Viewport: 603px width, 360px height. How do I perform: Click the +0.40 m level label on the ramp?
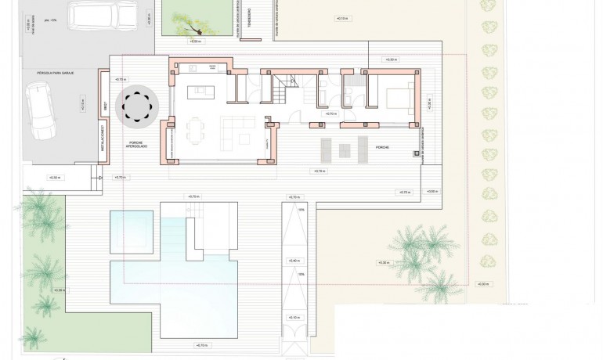pos(294,261)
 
